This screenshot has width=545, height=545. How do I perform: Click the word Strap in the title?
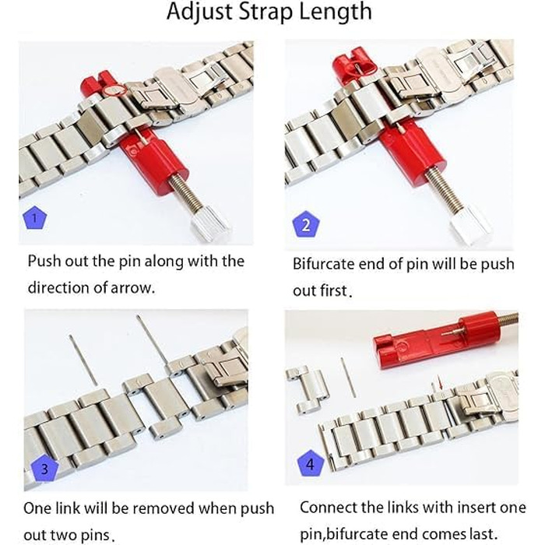click(x=266, y=12)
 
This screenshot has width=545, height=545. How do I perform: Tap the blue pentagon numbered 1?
click(x=35, y=217)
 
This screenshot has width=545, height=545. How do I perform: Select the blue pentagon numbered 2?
click(x=305, y=224)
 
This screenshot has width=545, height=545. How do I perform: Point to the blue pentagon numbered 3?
click(x=44, y=469)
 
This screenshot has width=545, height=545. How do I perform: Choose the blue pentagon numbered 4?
click(x=311, y=464)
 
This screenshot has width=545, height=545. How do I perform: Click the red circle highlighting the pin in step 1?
click(x=114, y=90)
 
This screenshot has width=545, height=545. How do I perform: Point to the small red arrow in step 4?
click(x=441, y=385)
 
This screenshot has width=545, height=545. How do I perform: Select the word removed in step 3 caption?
click(x=163, y=508)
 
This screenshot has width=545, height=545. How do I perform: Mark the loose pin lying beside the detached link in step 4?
click(x=348, y=378)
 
